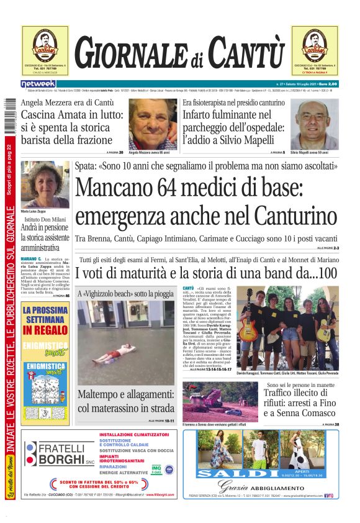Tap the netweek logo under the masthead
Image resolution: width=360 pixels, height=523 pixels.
(x=38, y=83)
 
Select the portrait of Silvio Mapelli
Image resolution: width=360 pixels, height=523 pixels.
(x=315, y=123)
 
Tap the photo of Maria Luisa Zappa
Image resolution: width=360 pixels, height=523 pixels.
(x=45, y=184)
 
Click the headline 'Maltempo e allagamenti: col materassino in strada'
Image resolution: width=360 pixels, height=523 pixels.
(x=126, y=401)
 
